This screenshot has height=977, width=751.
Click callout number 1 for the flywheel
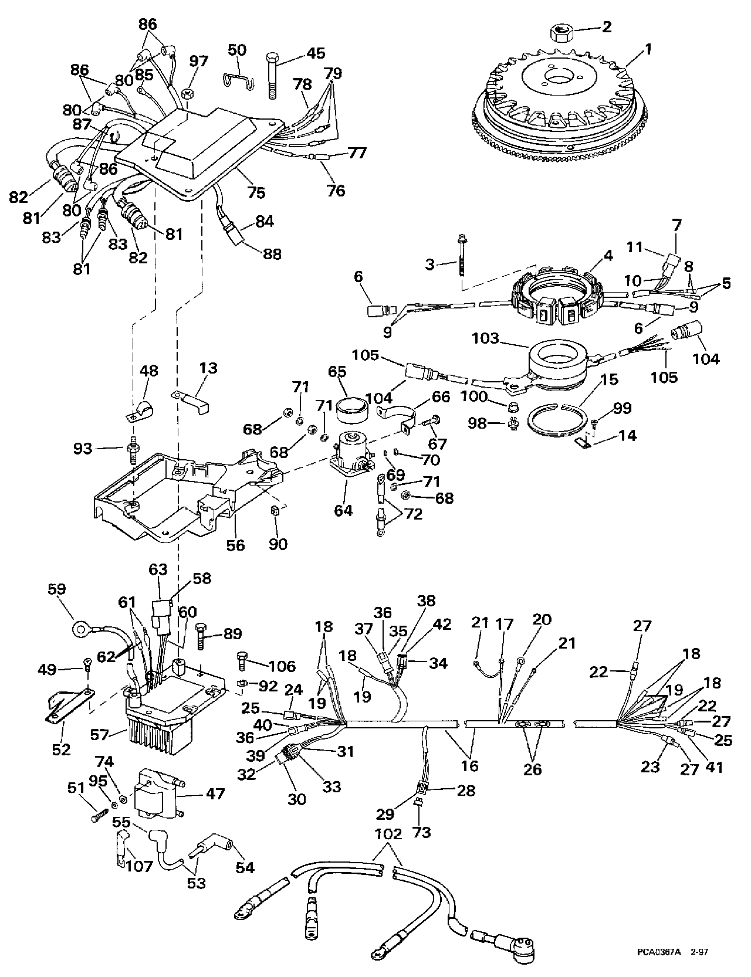point(648,50)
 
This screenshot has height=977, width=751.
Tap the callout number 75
point(256,192)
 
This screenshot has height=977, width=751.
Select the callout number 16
point(469,765)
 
